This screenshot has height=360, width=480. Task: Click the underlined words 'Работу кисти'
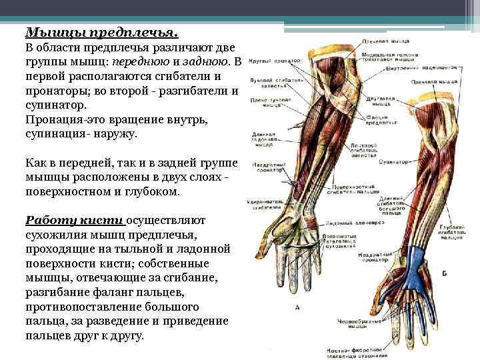(74, 221)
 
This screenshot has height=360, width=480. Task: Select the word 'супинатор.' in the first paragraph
(55, 105)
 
